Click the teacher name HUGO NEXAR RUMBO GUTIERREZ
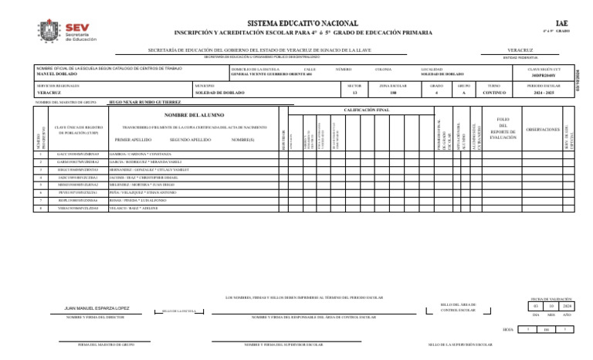click(146, 102)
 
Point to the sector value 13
click(354, 92)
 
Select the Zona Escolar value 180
click(393, 92)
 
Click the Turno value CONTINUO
click(494, 92)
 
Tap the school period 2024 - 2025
click(544, 92)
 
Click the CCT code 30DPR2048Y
click(544, 74)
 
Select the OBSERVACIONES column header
click(543, 130)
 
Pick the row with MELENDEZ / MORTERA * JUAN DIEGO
click(145, 185)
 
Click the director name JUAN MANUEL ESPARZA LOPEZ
click(97, 308)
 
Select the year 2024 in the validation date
click(568, 307)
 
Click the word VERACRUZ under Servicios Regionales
click(50, 92)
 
